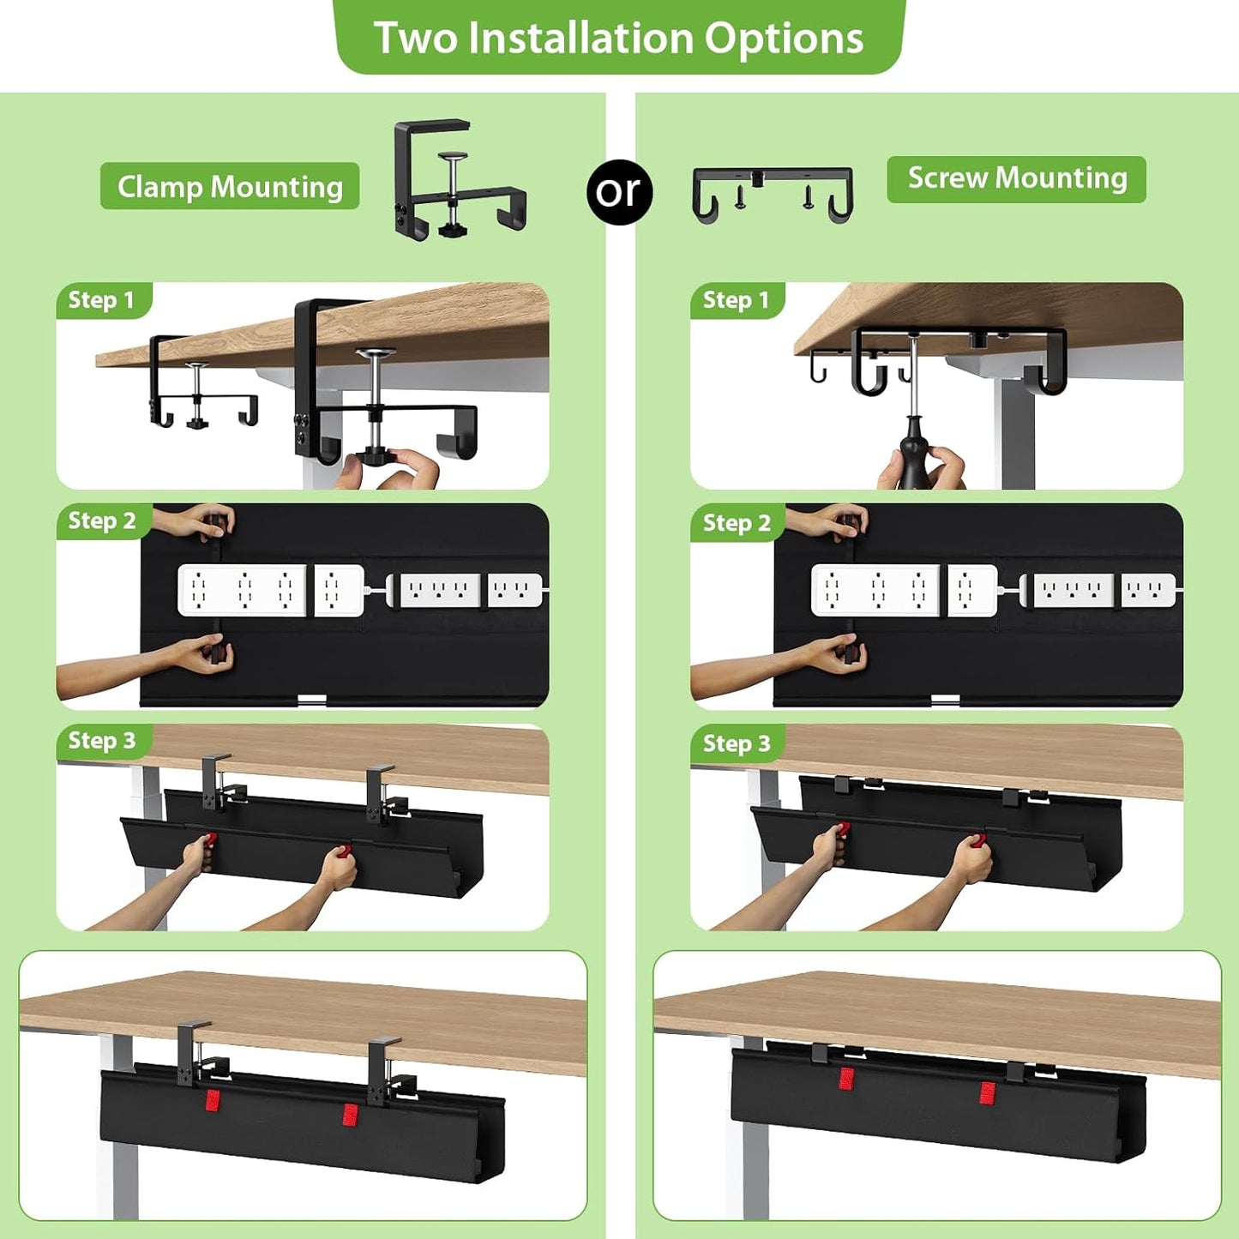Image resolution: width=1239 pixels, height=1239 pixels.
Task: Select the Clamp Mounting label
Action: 230,186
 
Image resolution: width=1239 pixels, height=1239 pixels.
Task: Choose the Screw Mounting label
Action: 1016,178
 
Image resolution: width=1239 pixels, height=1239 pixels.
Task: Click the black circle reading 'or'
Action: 619,191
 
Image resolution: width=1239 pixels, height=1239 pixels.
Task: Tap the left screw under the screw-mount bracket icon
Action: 739,197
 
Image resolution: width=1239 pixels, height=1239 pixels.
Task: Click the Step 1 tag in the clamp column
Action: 102,300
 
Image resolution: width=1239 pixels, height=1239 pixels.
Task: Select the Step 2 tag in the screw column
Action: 737,523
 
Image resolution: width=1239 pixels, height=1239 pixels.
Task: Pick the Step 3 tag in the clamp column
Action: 102,741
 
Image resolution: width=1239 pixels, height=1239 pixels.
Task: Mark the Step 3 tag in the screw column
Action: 737,743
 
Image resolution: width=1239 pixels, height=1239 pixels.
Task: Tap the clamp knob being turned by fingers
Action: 376,454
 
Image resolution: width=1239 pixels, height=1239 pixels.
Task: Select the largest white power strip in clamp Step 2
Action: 242,590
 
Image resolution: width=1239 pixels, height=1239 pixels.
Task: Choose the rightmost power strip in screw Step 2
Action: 1148,590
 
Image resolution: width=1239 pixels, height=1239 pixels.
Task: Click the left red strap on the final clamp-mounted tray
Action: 213,1100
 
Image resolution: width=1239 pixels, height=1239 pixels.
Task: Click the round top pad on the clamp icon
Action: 454,157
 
